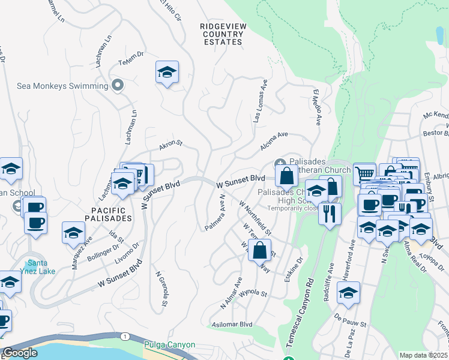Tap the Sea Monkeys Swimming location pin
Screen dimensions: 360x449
118,85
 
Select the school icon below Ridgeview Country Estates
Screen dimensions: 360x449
167,73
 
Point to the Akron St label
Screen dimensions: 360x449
170,145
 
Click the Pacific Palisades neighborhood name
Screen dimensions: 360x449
109,214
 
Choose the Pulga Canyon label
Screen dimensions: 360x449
169,345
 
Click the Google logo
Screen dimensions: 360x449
20,353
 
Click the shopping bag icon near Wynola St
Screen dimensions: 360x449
259,251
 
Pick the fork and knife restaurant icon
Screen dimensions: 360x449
330,214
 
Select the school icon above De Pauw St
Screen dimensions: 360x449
348,294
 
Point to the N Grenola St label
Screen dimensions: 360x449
160,292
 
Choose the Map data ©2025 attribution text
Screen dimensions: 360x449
423,355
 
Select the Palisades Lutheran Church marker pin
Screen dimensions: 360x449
280,164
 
